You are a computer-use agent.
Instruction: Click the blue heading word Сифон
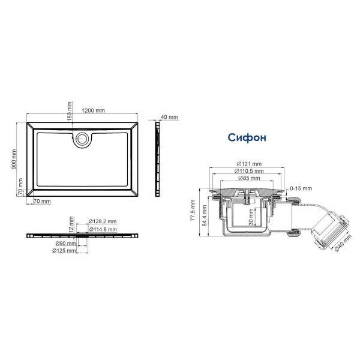(x=247, y=137)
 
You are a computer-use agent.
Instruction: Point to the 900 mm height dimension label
(x=14, y=159)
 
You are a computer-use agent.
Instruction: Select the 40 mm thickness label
(x=170, y=117)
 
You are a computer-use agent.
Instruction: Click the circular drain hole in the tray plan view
(x=81, y=140)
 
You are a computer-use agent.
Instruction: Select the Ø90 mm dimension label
(x=65, y=244)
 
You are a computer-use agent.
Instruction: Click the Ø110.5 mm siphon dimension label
(x=248, y=172)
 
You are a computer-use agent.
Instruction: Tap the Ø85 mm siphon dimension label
(x=248, y=179)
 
